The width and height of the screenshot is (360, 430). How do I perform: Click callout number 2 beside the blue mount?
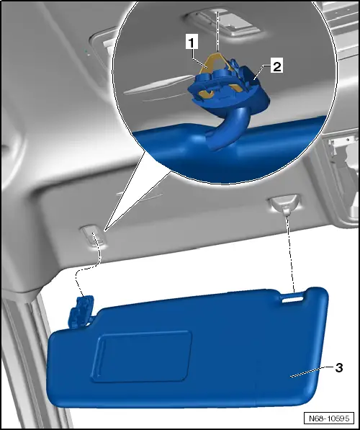(x=277, y=66)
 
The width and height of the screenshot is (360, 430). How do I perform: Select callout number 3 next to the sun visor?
(x=338, y=367)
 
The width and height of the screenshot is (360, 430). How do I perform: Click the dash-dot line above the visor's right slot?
(x=292, y=252)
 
